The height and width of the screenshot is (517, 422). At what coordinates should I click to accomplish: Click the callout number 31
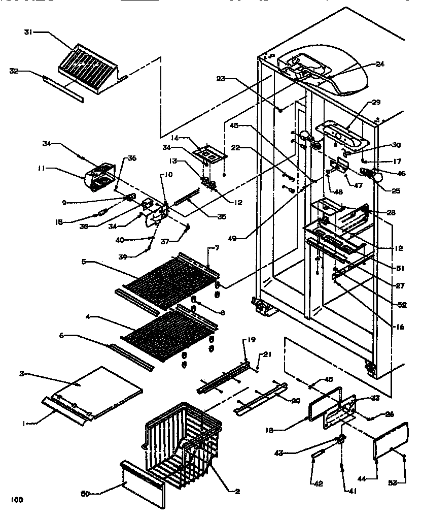pos(28,32)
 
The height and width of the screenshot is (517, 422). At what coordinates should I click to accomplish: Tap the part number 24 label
pos(380,64)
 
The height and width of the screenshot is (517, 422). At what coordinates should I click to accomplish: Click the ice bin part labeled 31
pos(89,63)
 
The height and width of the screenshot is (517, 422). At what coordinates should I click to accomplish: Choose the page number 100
pos(17,500)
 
